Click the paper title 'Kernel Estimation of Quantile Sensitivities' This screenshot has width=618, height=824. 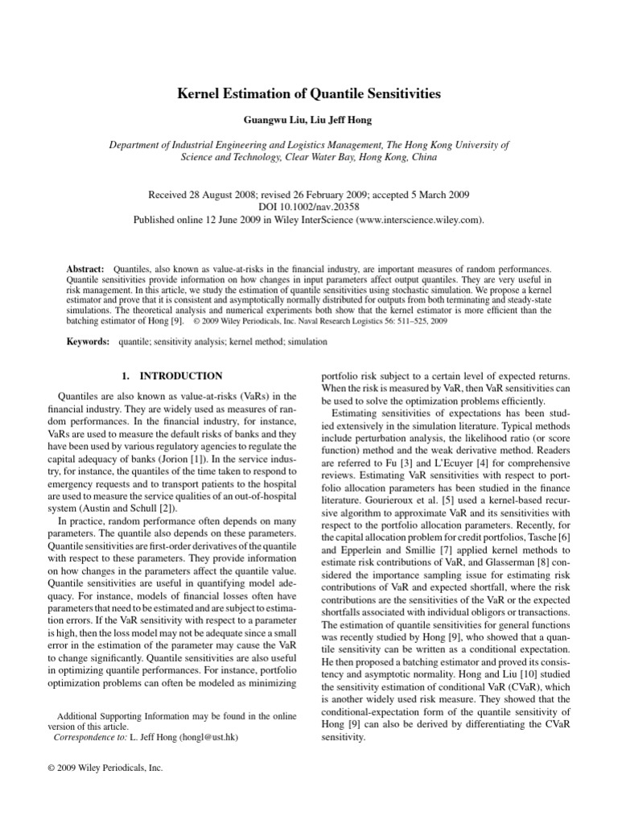click(x=309, y=94)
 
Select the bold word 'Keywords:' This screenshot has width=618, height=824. click(x=88, y=342)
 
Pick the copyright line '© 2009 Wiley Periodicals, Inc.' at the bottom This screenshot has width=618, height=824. click(x=106, y=768)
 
